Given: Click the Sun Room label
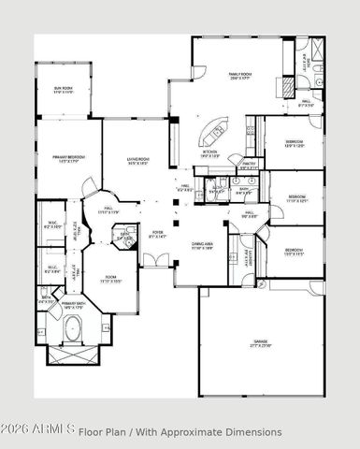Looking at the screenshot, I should pos(64,91).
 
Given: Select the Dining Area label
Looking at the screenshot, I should pos(205,246).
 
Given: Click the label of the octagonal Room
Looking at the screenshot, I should pos(110,278).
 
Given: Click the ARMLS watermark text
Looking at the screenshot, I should pos(37,431).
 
